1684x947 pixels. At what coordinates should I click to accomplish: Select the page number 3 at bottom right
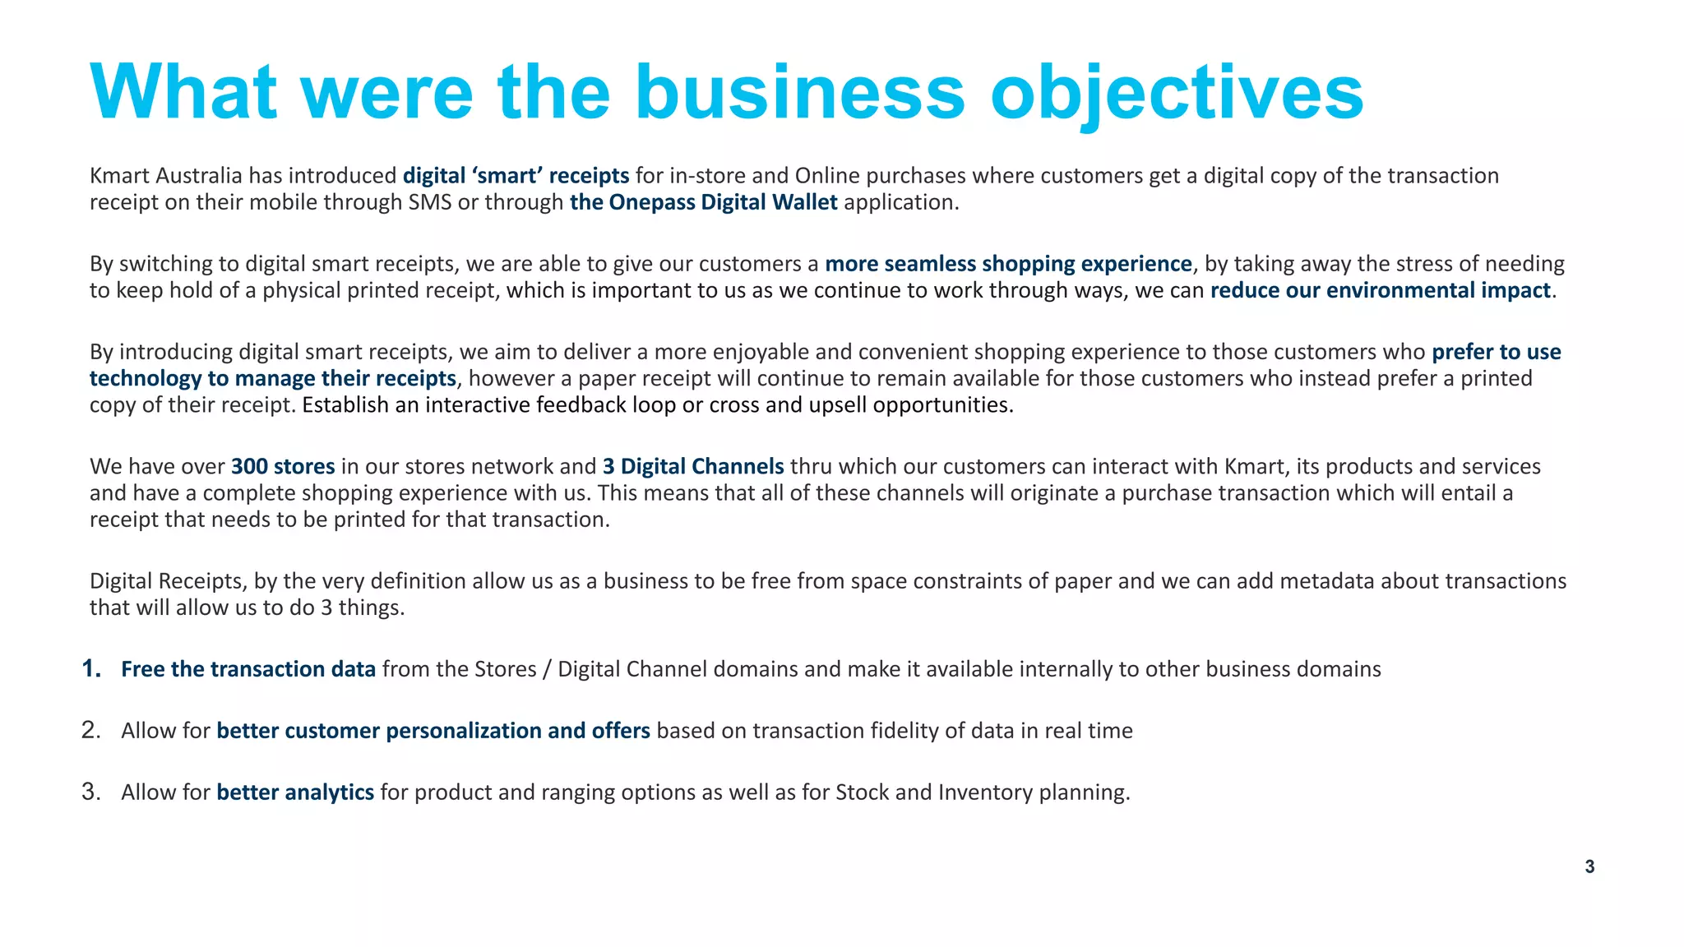tap(1589, 866)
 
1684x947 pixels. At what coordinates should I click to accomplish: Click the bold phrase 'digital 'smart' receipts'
tap(516, 176)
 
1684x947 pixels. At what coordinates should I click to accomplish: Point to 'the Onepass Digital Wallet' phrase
tap(703, 202)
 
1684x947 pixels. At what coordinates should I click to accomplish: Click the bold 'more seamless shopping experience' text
tap(1008, 264)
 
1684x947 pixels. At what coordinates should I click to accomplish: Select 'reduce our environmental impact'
tap(1380, 290)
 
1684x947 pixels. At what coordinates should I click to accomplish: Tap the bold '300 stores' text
tap(283, 467)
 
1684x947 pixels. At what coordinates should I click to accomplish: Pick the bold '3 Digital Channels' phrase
tap(693, 467)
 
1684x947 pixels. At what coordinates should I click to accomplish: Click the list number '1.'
tap(91, 669)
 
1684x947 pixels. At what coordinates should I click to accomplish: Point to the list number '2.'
tap(91, 730)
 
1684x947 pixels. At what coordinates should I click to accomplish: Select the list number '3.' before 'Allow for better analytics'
tap(91, 792)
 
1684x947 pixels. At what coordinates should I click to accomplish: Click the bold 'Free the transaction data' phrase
tap(248, 669)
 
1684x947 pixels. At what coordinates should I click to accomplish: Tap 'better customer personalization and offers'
tap(433, 731)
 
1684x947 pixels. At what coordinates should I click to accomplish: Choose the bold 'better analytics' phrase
tap(295, 792)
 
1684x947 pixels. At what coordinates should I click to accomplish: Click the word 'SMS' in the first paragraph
tap(430, 202)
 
